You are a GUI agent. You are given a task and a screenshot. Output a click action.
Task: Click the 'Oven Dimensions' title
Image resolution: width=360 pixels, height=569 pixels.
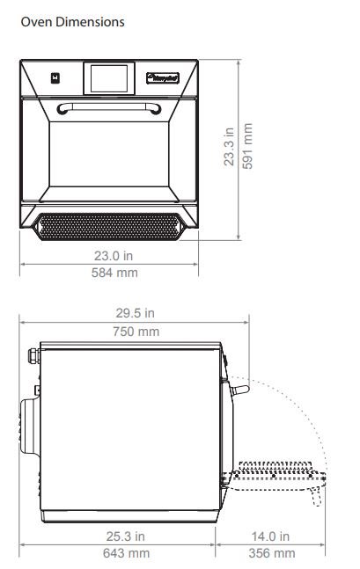[73, 22]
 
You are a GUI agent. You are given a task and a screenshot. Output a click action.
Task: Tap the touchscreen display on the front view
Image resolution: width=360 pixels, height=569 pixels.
[109, 78]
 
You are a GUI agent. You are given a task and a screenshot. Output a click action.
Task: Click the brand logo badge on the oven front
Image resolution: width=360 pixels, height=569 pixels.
[163, 78]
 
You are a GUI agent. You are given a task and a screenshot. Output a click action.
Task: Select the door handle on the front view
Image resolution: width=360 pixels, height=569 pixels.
[109, 107]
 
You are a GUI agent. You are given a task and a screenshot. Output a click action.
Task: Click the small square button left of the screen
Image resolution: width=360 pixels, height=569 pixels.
[55, 78]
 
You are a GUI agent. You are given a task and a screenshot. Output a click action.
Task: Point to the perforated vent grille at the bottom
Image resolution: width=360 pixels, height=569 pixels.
[108, 227]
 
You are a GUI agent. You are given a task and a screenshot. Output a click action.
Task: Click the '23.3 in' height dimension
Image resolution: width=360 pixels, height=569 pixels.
[229, 147]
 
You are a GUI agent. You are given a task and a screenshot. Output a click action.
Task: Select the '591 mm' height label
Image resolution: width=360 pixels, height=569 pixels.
[247, 146]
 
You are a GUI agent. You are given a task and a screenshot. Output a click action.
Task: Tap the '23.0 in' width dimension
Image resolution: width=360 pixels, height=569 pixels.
[114, 256]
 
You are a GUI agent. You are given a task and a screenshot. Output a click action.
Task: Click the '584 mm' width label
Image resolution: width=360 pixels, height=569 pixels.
[114, 273]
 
